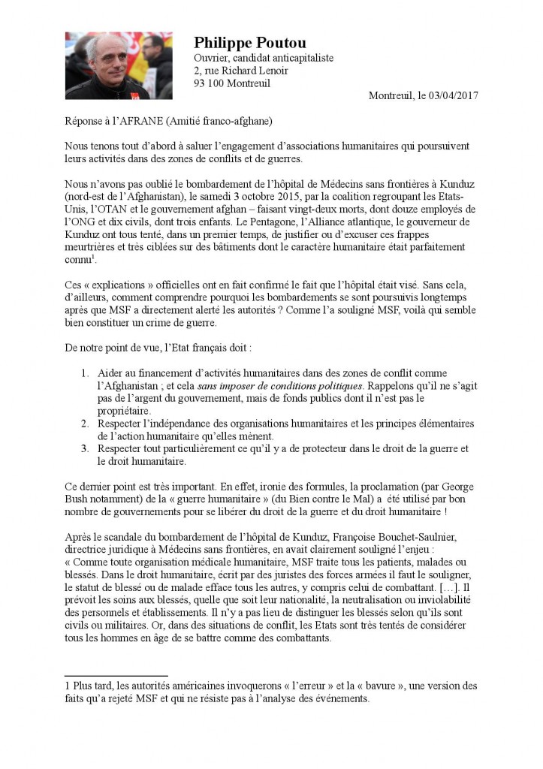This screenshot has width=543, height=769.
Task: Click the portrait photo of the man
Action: tap(119, 65)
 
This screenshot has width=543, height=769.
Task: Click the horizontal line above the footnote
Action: tap(116, 676)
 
